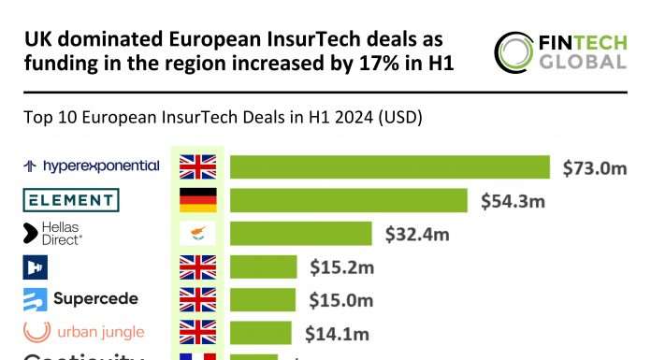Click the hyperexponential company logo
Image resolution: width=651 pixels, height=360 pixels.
point(91,166)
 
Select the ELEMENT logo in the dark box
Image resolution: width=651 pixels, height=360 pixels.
point(71,200)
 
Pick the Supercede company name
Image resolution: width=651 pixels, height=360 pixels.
point(94,299)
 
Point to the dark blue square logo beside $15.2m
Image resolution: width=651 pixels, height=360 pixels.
point(36,266)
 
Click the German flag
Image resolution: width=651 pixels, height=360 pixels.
point(197,200)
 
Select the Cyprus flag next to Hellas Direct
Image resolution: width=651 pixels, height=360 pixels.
point(197,234)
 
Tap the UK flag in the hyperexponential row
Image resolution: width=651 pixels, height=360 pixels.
point(197,166)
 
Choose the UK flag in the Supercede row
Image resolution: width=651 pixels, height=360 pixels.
point(197,299)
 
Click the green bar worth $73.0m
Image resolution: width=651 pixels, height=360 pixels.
point(390,166)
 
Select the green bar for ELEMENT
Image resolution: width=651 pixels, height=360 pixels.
point(349,200)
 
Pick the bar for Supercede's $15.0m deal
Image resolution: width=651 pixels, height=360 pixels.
point(263,299)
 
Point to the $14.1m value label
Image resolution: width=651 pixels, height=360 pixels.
point(337,333)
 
